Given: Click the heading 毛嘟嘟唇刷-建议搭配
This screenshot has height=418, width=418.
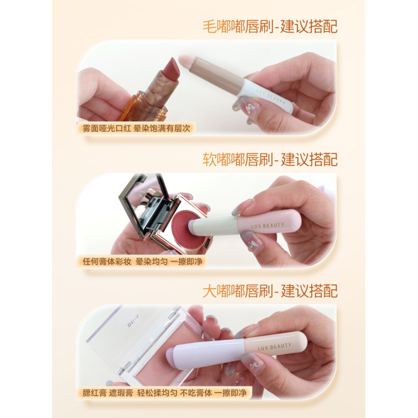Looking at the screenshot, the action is point(270,26).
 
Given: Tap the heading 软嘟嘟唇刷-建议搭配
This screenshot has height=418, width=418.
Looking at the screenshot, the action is point(270,159).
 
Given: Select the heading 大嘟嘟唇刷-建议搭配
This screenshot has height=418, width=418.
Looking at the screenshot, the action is point(270,291).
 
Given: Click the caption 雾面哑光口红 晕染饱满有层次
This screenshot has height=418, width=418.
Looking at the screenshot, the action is point(136,128).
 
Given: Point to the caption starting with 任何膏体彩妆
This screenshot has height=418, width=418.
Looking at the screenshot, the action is point(142,262).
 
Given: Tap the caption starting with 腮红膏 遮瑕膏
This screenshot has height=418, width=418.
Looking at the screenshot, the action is point(164,393).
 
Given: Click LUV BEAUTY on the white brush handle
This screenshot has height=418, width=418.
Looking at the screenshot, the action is point(271,96).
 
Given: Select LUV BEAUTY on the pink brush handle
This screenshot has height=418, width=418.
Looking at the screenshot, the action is point(268,226).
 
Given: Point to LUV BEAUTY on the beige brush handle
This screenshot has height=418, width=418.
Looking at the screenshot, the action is point(274,346).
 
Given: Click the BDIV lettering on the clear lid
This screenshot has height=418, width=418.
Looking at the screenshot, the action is point(133,321).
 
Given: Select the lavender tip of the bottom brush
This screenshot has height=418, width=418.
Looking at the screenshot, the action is point(171,355).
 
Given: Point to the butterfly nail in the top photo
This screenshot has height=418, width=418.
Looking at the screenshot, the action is point(249,107).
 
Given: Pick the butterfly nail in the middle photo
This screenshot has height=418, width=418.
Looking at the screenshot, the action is point(250,242).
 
